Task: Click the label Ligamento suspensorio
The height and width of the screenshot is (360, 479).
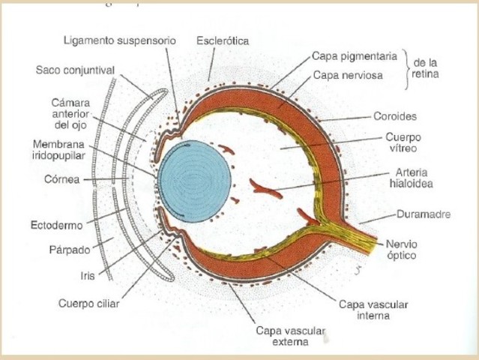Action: coord(120,40)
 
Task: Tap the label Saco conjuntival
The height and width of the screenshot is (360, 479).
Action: coord(74,70)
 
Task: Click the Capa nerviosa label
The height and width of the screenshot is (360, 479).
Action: coord(347,75)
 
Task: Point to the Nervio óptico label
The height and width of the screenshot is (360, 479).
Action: coord(406,249)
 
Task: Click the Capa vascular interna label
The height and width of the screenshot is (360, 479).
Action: coord(364,310)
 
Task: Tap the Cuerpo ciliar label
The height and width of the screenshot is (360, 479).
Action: coord(88,304)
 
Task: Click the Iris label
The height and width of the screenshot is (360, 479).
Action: coord(87,275)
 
